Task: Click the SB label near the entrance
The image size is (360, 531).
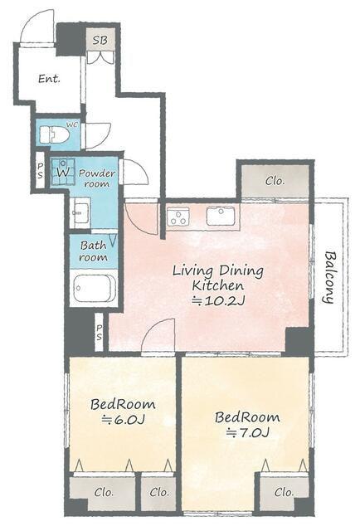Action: tap(100, 41)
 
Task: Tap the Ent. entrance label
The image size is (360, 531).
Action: tap(49, 79)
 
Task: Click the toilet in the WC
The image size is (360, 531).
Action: tap(54, 134)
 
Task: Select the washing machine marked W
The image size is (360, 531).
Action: tap(63, 172)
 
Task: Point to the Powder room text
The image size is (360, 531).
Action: tap(96, 178)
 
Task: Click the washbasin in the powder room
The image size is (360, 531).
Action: tap(81, 213)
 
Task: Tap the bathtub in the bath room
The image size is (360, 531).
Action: tap(95, 288)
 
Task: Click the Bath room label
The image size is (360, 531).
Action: tap(93, 251)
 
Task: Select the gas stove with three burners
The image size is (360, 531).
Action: tap(178, 217)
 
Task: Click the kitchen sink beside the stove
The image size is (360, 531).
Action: tap(221, 216)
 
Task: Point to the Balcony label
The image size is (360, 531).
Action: tap(329, 277)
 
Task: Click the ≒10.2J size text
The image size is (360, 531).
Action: tap(218, 300)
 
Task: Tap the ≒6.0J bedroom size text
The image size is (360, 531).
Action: tap(124, 420)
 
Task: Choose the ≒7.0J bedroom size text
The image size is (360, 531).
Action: tap(247, 432)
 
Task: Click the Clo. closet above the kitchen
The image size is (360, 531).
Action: tap(275, 181)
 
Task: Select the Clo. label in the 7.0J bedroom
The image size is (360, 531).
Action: tap(284, 491)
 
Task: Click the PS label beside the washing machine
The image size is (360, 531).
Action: tap(41, 170)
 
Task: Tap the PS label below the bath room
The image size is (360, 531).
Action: tap(100, 333)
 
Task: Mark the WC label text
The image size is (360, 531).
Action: tap(72, 124)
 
